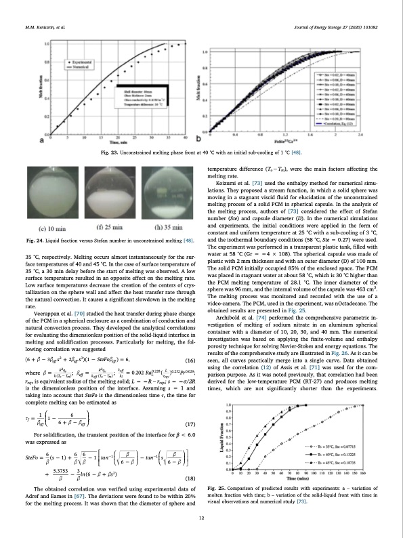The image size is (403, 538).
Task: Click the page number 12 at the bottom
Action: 201,518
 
